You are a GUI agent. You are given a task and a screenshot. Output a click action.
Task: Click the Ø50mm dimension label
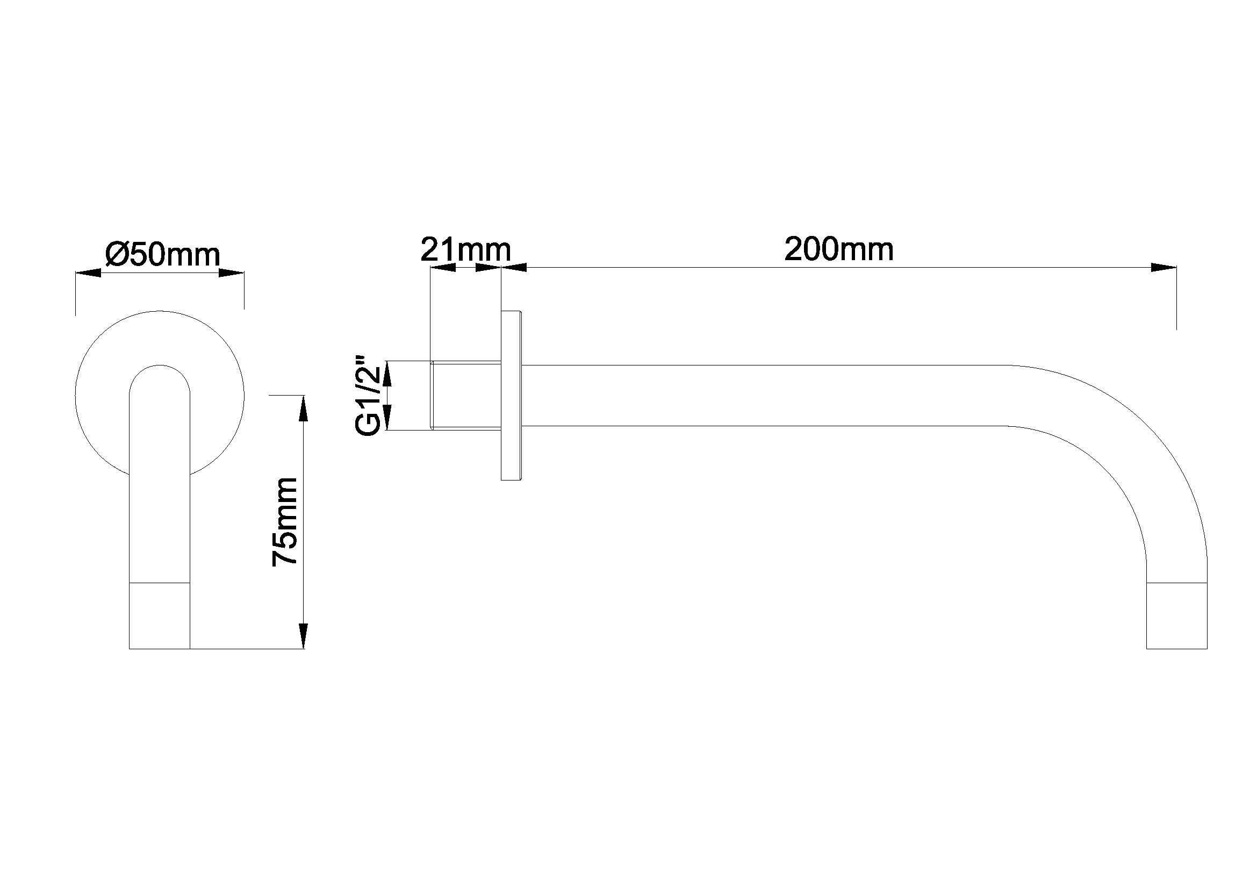tap(163, 255)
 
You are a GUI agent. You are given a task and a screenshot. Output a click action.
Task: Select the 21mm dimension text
tap(465, 249)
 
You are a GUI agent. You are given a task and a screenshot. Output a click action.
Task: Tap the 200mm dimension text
tap(839, 249)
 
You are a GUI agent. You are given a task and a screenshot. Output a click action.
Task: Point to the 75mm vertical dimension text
tap(285, 522)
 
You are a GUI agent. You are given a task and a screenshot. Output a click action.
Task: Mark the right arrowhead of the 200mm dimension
tap(1163, 268)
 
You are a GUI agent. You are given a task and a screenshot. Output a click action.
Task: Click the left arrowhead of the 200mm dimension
tap(514, 268)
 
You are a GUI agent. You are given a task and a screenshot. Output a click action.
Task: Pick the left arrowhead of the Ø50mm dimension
tap(88, 273)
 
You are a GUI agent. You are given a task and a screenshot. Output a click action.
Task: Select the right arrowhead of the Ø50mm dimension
tap(231, 273)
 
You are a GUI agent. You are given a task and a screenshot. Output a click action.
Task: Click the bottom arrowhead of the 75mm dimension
tap(304, 636)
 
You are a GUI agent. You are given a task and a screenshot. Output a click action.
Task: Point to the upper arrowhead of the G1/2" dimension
tap(387, 374)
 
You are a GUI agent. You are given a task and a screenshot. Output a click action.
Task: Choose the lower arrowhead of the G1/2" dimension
tap(387, 417)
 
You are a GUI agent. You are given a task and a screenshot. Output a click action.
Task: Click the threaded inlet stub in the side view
tap(466, 395)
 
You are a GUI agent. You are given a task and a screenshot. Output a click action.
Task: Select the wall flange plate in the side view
tap(511, 395)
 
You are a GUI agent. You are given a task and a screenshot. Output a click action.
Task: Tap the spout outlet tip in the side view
tap(1177, 616)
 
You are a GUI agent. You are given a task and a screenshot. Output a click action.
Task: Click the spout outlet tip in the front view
tap(159, 616)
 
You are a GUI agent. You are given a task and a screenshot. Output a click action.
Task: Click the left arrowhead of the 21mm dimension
tap(443, 268)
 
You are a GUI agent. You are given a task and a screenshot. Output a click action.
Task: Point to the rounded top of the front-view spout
tap(159, 365)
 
